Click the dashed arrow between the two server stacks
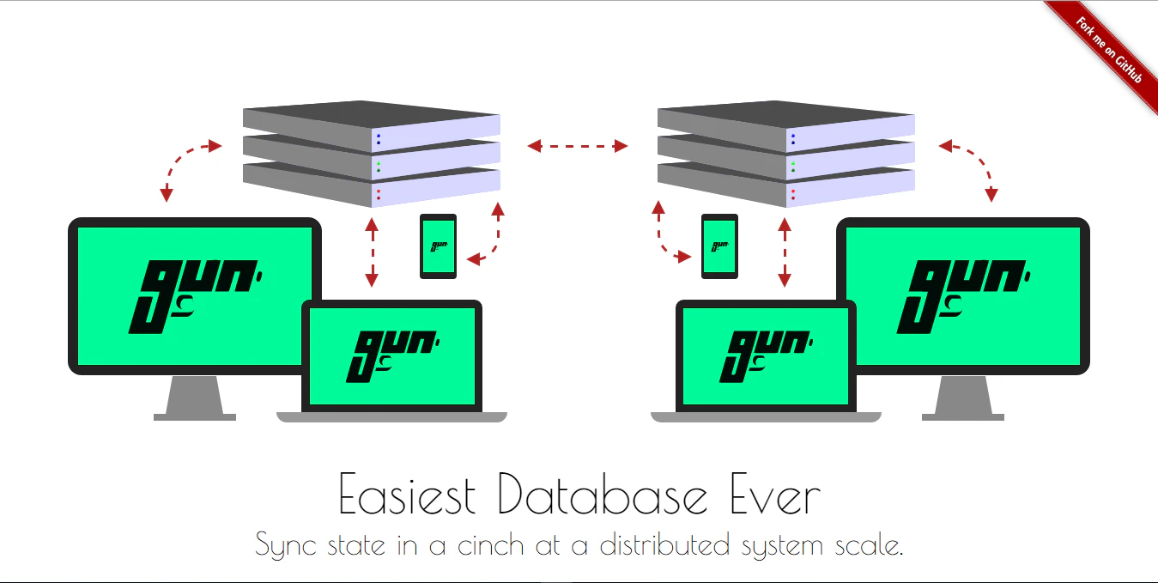pyautogui.click(x=578, y=147)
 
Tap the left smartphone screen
pyautogui.click(x=438, y=247)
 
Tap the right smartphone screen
pyautogui.click(x=719, y=247)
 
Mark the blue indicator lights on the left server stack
pyautogui.click(x=378, y=139)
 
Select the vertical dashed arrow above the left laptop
pyautogui.click(x=372, y=252)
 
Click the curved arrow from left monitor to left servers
pyautogui.click(x=183, y=163)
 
